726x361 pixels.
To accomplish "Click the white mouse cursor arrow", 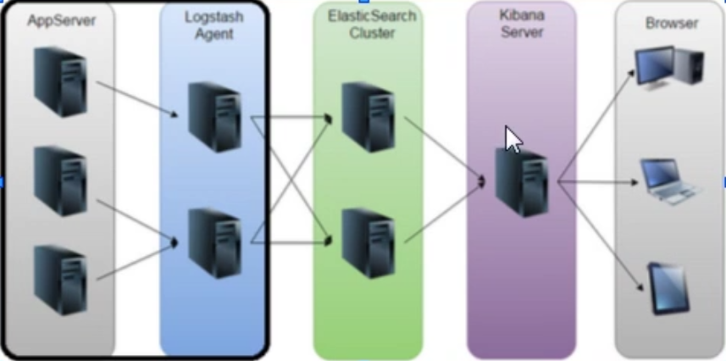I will click(x=513, y=140).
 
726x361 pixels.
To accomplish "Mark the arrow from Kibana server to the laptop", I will click(x=597, y=181).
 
